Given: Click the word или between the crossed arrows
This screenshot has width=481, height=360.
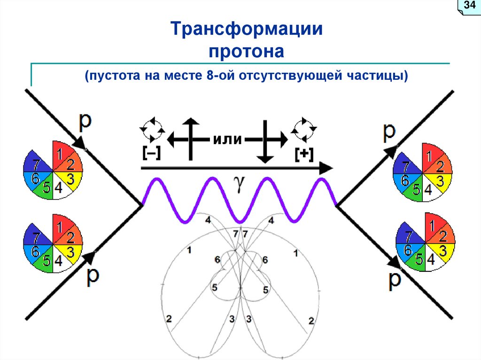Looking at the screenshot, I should click(227, 139).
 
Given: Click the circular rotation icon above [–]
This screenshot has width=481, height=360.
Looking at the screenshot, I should click(152, 130).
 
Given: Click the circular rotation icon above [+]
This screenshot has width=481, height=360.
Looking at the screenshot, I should click(304, 130).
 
